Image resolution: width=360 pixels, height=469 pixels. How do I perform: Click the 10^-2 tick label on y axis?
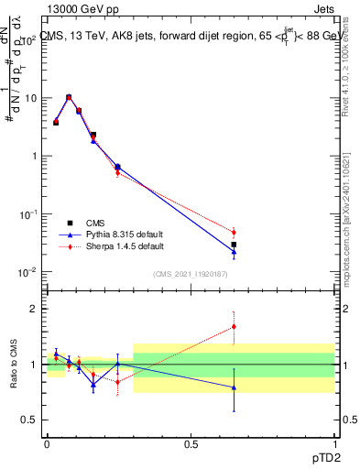pos(28,272)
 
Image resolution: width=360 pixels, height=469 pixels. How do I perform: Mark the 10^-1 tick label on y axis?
pos(28,214)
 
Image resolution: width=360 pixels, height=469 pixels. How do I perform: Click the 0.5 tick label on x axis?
pos(191,443)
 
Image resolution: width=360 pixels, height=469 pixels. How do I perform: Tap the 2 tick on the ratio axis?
pos(33,309)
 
